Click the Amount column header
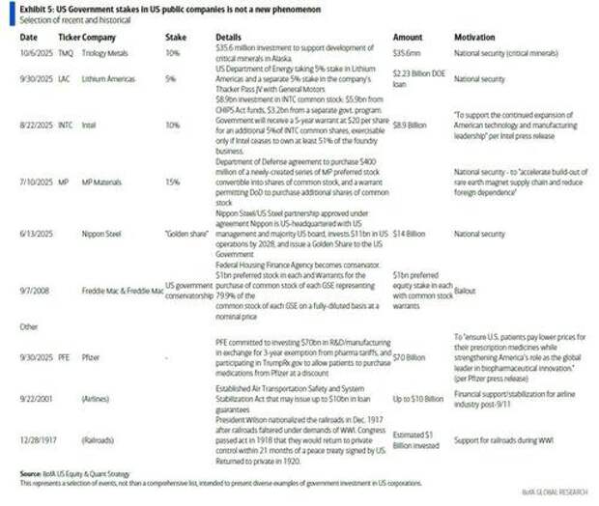409,36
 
